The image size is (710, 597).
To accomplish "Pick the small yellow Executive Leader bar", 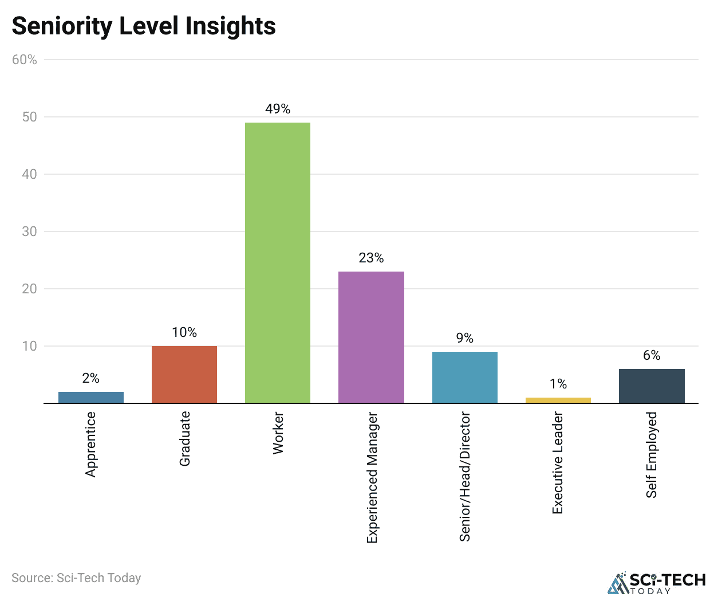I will click(x=558, y=400).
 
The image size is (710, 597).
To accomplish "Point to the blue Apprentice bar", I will click(x=91, y=397).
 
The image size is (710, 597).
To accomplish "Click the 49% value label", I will click(x=278, y=109).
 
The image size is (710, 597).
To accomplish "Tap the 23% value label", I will click(x=371, y=258).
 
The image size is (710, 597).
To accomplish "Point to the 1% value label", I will click(x=558, y=384).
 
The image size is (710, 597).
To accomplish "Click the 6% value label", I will click(x=652, y=355).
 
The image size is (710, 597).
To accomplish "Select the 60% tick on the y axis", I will click(x=25, y=60).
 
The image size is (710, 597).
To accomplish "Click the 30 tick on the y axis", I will click(x=29, y=231).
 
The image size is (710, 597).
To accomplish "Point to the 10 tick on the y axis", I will click(x=29, y=346).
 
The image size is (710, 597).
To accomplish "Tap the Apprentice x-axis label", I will click(x=91, y=444).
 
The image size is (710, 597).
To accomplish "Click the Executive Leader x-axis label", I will click(x=558, y=462).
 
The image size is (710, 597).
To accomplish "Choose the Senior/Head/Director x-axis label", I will click(x=464, y=476).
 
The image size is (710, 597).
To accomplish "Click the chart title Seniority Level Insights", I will click(x=144, y=26).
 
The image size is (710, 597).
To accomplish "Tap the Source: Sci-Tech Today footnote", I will click(x=76, y=578).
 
